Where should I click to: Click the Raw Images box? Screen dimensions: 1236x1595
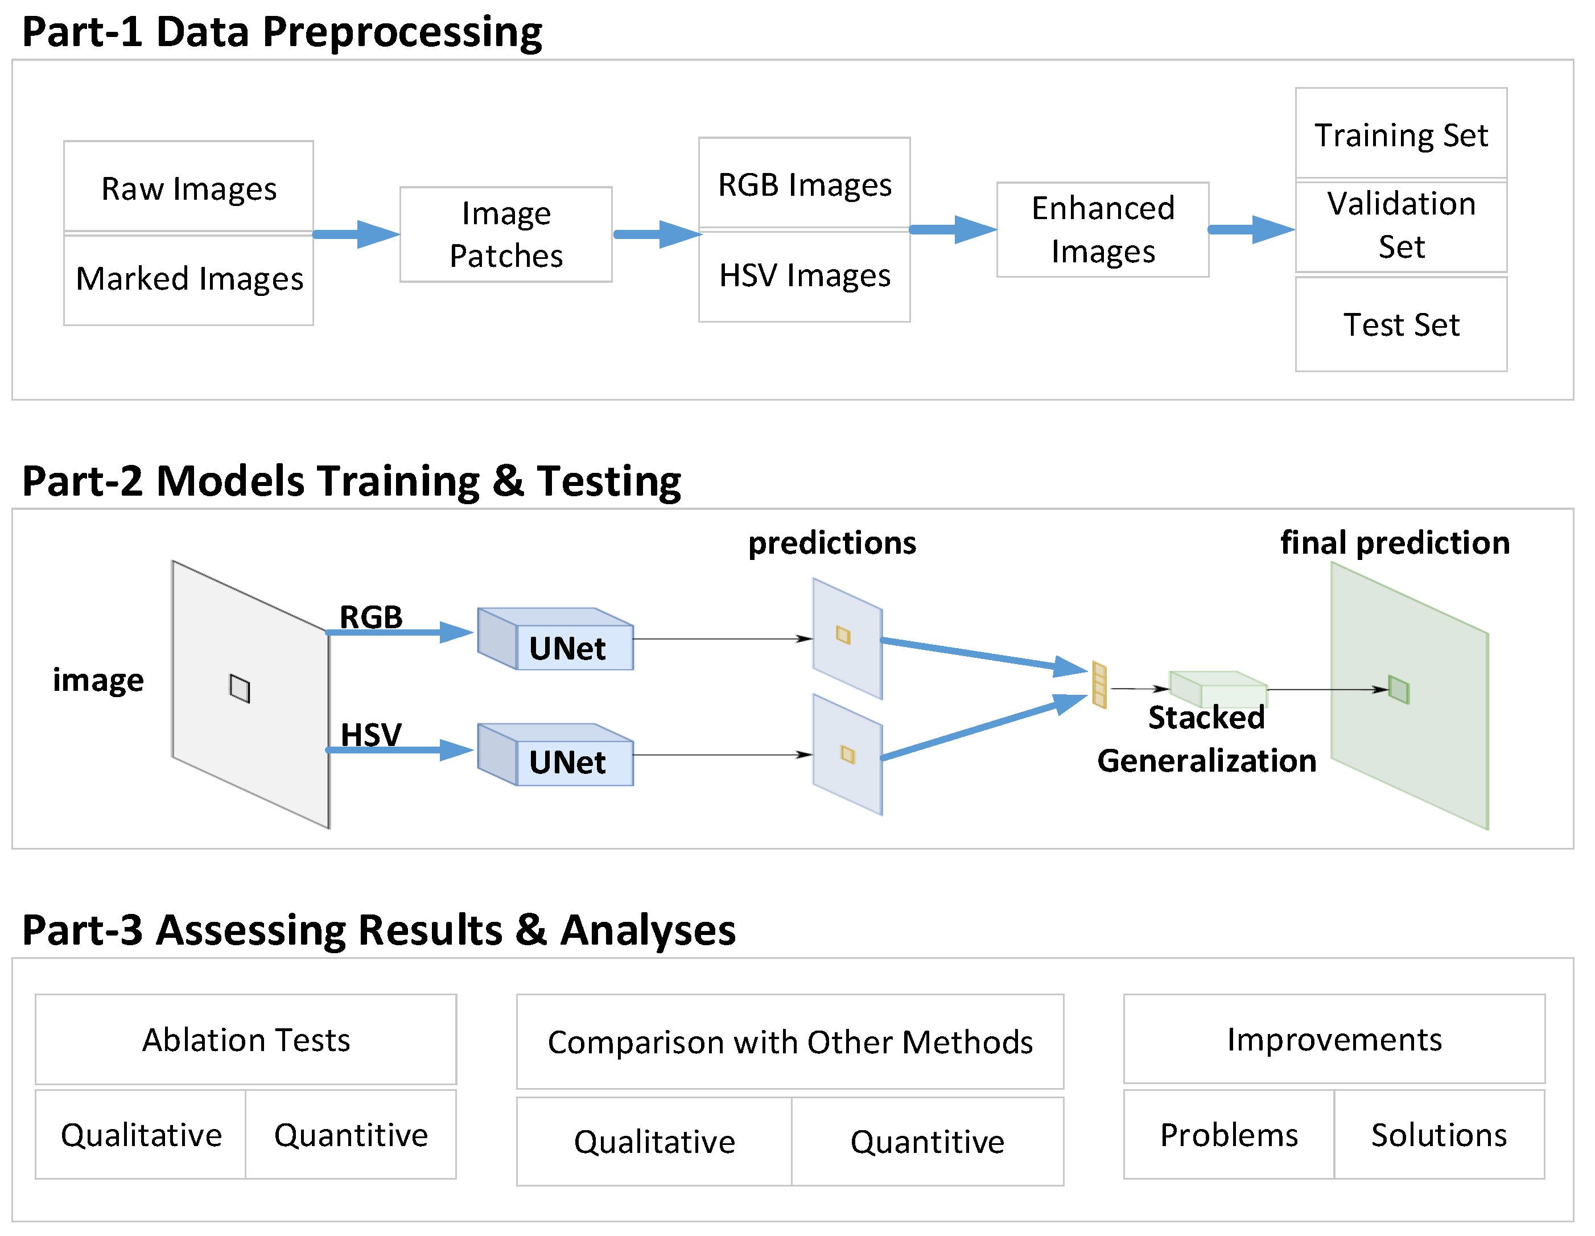(x=188, y=187)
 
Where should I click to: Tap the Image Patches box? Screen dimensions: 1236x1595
(x=505, y=234)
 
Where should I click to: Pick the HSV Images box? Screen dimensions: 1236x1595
(x=804, y=276)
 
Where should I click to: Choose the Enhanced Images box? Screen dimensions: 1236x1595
(x=1103, y=229)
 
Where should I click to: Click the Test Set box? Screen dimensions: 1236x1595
(x=1401, y=324)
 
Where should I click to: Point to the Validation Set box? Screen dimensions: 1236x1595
(x=1401, y=225)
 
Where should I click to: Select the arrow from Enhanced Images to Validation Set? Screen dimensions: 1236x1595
(x=1250, y=229)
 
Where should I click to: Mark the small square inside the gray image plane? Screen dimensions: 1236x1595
(x=240, y=688)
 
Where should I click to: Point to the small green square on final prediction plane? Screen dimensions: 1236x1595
(x=1398, y=690)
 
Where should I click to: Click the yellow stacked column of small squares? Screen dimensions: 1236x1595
(x=1099, y=685)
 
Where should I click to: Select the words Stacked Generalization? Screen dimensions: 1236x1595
(x=1206, y=739)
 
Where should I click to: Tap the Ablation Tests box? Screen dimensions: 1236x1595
(x=246, y=1040)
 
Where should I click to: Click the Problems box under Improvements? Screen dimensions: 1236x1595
(x=1229, y=1135)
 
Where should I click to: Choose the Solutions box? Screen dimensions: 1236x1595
(x=1439, y=1135)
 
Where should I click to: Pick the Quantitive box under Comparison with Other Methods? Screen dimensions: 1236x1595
(x=927, y=1142)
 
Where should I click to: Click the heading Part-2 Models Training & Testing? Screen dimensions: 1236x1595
(x=351, y=481)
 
